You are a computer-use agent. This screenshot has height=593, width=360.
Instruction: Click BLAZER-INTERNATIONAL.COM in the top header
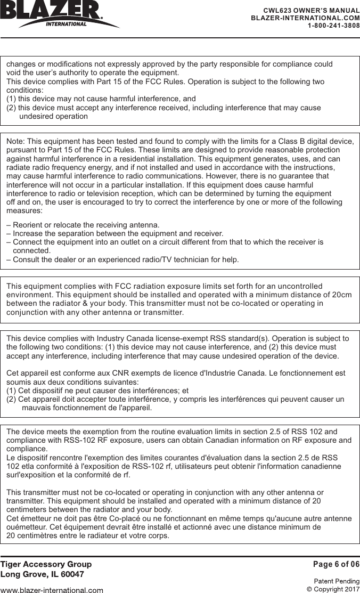305,18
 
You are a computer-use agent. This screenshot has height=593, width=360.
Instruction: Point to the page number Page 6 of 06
336,564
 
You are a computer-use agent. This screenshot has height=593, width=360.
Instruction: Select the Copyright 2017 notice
333,589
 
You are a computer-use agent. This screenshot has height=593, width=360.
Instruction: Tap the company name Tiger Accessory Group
46,564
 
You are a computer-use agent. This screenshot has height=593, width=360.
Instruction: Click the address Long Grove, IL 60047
42,574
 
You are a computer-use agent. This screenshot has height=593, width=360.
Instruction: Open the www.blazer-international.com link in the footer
52,590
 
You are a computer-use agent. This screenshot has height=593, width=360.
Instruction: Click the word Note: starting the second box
15,141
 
